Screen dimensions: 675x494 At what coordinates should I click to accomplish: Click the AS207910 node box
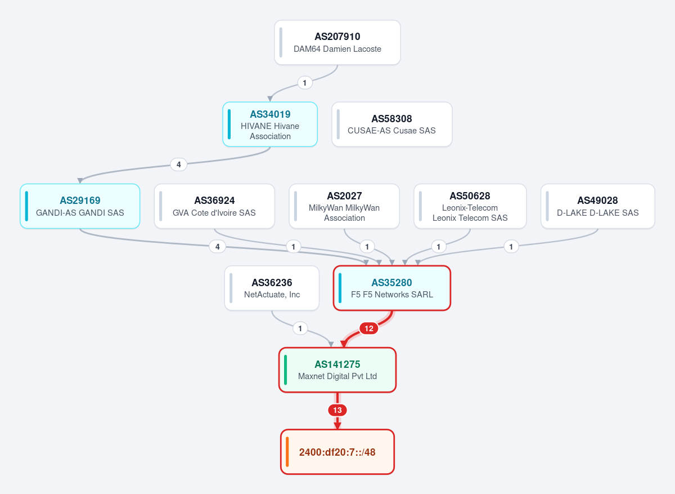(337, 42)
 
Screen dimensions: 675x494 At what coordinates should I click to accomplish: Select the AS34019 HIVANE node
(270, 124)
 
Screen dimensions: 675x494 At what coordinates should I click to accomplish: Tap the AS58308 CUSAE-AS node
(391, 124)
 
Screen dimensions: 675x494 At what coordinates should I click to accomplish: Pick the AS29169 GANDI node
(80, 206)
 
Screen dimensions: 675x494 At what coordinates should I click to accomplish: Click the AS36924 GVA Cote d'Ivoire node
(214, 206)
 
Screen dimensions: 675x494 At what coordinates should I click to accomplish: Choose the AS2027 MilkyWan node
(344, 206)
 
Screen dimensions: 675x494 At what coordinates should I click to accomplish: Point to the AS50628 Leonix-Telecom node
(470, 206)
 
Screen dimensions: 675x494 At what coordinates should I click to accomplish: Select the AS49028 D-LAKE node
(598, 206)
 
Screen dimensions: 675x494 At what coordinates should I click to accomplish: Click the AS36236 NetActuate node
(272, 288)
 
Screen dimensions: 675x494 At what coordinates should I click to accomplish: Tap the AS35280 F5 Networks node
(391, 288)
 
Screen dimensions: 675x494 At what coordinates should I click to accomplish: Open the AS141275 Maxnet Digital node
(337, 370)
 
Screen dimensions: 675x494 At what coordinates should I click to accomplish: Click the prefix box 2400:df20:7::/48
(337, 452)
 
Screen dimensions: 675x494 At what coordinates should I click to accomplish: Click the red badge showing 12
(369, 328)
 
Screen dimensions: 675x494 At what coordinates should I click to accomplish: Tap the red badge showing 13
(337, 410)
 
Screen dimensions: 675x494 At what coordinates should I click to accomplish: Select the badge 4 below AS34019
(179, 164)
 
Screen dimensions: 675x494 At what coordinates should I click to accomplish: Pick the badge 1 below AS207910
(305, 83)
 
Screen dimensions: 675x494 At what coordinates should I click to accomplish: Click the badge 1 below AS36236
(300, 328)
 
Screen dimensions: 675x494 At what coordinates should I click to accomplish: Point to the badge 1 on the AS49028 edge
(511, 247)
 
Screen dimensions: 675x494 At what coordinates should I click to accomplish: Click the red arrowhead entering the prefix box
(337, 426)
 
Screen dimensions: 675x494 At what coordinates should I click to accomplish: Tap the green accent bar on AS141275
(285, 370)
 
